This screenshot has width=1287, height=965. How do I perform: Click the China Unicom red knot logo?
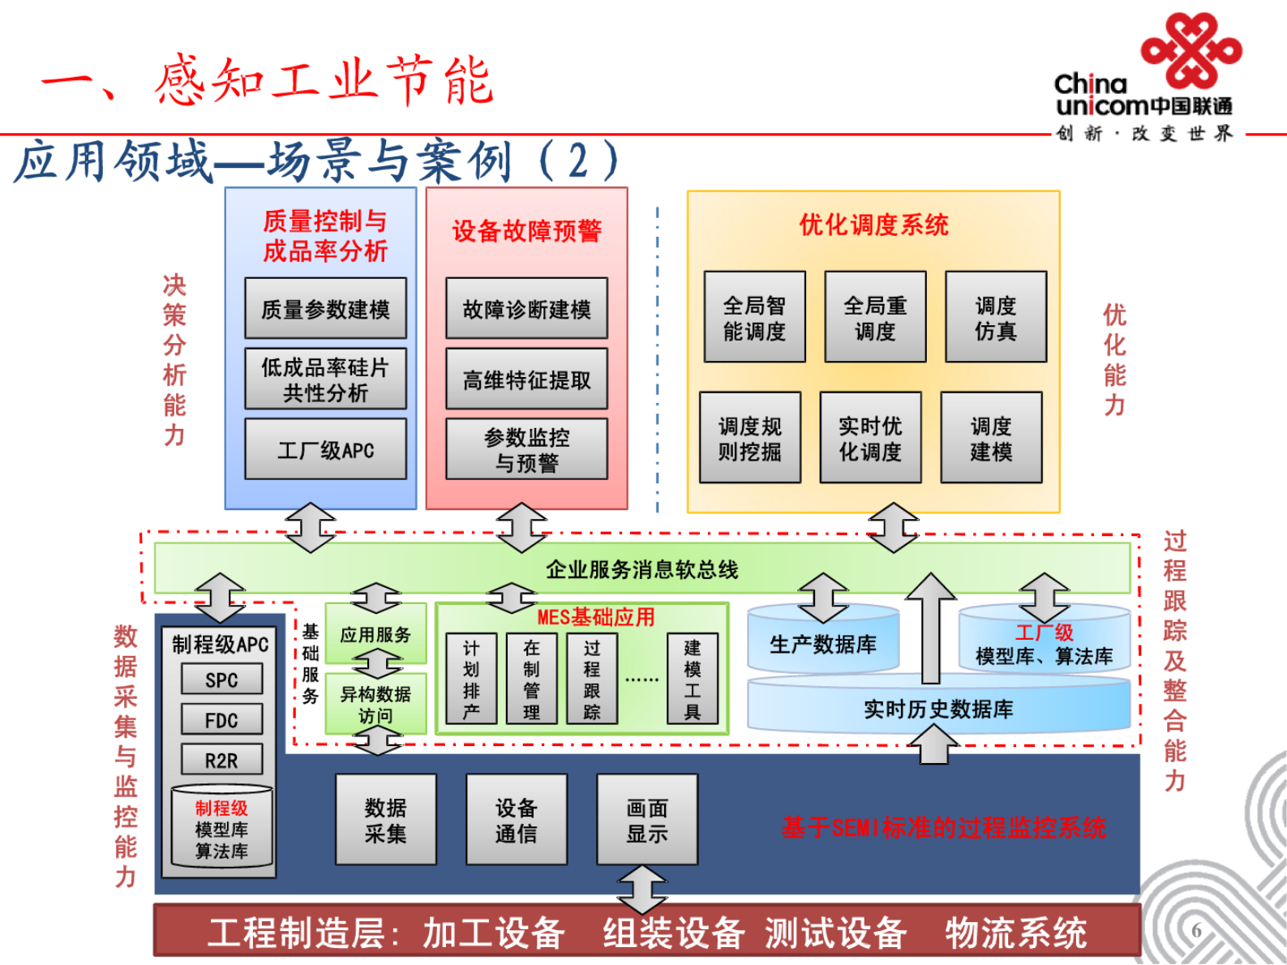tap(1190, 50)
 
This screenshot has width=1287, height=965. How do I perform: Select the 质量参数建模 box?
tap(325, 308)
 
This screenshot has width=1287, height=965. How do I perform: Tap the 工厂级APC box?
tap(325, 449)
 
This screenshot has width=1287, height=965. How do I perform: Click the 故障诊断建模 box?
tap(526, 308)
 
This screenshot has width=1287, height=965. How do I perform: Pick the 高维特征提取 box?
tap(526, 379)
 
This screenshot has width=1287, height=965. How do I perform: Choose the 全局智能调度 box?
tap(754, 317)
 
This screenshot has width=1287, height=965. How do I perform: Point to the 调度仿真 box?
tap(995, 317)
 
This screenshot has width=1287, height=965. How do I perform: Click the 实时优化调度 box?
tap(870, 438)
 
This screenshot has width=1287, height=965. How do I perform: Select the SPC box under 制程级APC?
tap(221, 680)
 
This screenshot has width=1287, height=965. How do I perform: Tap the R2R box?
tap(221, 760)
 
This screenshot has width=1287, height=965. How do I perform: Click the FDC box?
tap(221, 720)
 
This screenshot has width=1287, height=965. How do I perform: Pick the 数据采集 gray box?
tap(385, 820)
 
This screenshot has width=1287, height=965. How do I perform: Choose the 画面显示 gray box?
tap(646, 820)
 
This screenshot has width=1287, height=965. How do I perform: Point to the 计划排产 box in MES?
tap(471, 679)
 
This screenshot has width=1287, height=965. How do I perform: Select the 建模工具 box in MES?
tap(692, 679)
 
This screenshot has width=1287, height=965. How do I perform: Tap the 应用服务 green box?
tap(375, 634)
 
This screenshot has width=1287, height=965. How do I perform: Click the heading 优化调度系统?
tap(873, 225)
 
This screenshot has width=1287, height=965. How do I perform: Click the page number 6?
tap(1197, 930)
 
